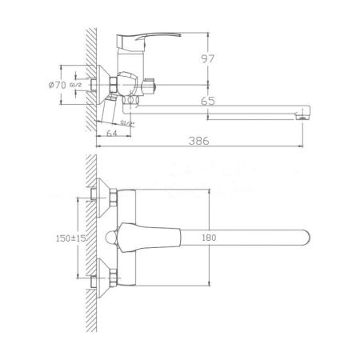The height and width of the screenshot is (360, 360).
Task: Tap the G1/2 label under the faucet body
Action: click(126, 122)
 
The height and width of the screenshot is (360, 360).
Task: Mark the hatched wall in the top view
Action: click(90, 240)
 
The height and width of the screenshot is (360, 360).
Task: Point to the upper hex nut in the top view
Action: click(114, 196)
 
